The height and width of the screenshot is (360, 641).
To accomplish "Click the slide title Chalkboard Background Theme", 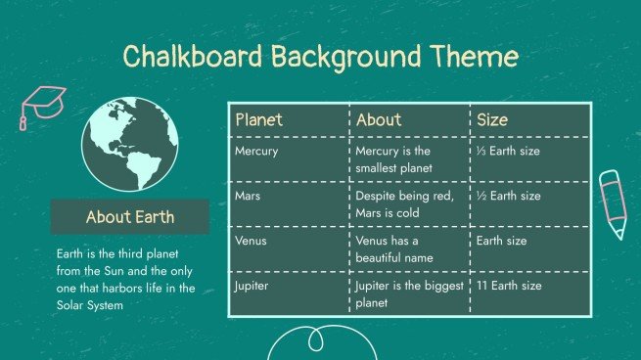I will point(320,56).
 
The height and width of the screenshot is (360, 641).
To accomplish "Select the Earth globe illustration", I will point(130,145).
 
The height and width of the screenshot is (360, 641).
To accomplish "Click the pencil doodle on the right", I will point(613,202).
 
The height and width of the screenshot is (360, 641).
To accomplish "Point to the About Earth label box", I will point(130,217).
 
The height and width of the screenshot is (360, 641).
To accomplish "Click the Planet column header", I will point(259,119).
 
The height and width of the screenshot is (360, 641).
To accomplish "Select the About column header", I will point(379,119).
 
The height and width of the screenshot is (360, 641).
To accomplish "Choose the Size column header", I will point(492,119).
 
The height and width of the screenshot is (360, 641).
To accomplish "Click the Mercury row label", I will point(256,152).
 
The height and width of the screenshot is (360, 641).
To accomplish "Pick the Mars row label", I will point(248,196).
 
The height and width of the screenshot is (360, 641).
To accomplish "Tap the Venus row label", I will point(252,241).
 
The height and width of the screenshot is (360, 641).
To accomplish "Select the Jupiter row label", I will point(253,286).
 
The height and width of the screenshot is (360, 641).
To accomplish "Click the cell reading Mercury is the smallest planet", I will point(393,159).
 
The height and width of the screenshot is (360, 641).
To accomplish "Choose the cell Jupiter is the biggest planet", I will point(406,293).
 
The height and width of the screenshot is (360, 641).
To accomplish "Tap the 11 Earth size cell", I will point(509,286).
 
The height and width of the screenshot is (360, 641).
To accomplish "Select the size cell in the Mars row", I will point(508,196).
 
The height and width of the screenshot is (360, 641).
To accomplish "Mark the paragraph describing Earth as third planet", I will point(125,279).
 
